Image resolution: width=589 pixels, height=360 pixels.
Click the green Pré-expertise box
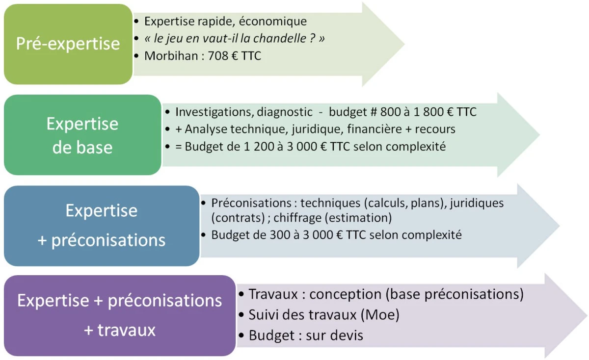point(68,44)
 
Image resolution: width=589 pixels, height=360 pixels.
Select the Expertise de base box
point(82,135)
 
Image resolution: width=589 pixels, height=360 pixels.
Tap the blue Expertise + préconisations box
point(102,226)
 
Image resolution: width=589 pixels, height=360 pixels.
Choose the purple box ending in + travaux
point(120,315)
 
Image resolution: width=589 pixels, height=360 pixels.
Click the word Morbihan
point(171,56)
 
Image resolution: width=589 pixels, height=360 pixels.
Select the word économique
point(273,22)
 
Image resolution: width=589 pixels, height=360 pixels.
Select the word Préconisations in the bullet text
point(251,203)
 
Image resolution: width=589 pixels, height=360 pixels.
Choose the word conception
point(345,294)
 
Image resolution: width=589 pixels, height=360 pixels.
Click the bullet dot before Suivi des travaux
point(241,315)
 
